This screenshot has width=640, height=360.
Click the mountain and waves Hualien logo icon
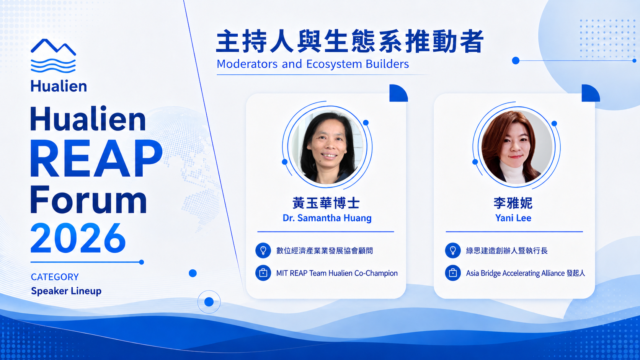pos(53,56)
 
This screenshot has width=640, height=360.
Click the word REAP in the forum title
pos(96,159)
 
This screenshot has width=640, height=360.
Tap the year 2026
pos(78,238)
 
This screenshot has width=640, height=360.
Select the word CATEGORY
pos(55,277)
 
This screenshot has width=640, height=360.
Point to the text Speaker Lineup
pos(66,291)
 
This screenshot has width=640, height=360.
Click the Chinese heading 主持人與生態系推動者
pos(350,41)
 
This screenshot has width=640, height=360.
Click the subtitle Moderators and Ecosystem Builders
pos(313,64)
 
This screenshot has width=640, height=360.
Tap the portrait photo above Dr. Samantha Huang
pos(327,147)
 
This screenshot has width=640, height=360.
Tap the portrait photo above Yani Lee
pos(517,147)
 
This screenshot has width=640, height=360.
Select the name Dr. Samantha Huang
pos(327,218)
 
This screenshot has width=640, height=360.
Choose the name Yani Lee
pos(513,218)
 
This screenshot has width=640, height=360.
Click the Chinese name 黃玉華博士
pos(326,203)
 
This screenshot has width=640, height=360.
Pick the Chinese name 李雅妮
pos(513,203)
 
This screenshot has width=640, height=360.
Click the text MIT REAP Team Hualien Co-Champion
pos(337,273)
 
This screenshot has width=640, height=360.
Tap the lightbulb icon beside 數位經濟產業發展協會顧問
pos(263,250)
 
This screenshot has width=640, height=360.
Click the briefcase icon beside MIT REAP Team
pos(263,273)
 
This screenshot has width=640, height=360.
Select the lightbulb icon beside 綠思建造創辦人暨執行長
pos(453,250)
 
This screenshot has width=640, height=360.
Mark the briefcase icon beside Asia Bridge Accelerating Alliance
pos(453,273)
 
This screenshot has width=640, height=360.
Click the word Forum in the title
pos(88,200)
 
